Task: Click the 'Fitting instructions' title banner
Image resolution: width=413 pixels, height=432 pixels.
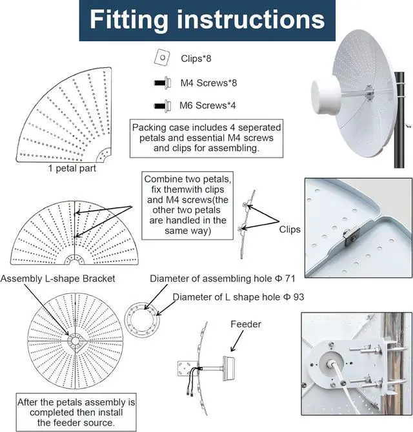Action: coord(206,20)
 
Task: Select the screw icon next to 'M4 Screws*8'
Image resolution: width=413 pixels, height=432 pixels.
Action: coord(161,82)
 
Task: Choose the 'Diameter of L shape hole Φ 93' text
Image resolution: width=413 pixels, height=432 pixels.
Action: coord(238,297)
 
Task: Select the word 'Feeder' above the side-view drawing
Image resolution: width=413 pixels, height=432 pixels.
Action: coord(245,324)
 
